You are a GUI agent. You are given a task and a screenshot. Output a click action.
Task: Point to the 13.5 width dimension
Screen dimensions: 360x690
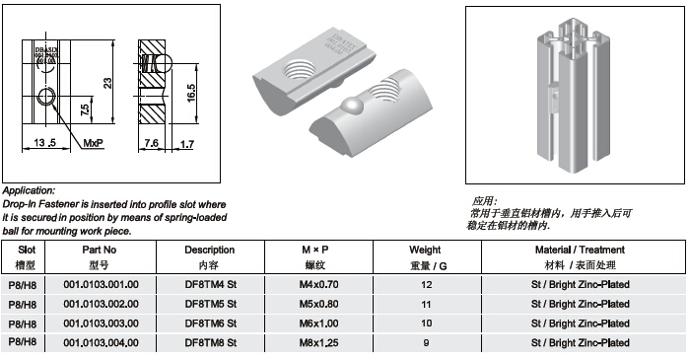(45, 143)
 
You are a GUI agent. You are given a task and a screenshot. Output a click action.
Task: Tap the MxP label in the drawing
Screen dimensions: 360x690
(94, 143)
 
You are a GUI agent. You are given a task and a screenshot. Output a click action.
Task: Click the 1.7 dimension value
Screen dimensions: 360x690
(187, 143)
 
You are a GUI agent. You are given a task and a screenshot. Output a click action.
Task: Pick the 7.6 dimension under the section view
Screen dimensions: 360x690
(153, 143)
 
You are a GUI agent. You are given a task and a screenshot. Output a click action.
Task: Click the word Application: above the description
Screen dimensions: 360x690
(30, 189)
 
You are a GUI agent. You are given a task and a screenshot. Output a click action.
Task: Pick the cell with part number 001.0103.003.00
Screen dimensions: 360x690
(102, 323)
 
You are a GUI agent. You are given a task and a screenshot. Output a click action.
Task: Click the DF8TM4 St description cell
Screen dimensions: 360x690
(212, 284)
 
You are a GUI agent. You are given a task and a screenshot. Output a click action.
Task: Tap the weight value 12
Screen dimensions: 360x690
(427, 284)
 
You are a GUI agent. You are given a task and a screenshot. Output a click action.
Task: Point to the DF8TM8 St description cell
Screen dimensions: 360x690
(212, 342)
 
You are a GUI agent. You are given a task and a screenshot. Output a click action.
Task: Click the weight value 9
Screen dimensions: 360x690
(427, 342)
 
